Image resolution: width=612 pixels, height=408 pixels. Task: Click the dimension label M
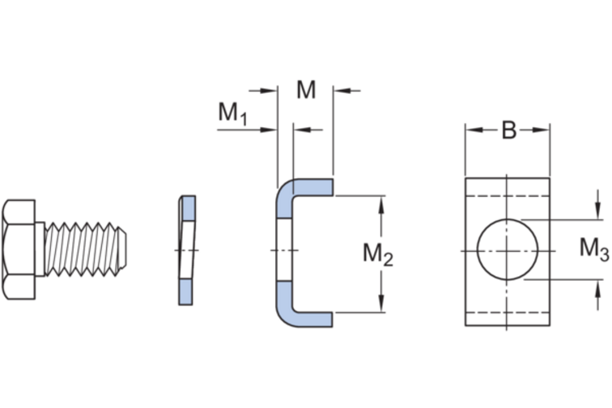pos(306,90)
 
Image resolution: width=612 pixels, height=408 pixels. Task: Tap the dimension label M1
pos(232,113)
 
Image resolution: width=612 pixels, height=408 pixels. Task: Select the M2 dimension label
pos(378,254)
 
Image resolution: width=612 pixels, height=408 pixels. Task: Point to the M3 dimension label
pos(594,249)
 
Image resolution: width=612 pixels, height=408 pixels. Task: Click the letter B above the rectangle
pos(509,130)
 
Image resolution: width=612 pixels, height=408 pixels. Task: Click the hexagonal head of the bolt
pos(19,249)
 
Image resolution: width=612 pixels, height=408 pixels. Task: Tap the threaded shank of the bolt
pos(82,249)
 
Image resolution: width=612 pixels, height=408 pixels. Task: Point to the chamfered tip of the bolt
pos(122,249)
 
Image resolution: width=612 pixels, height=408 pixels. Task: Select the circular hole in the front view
pos(508,249)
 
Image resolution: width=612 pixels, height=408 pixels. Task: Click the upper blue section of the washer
pos(188,209)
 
